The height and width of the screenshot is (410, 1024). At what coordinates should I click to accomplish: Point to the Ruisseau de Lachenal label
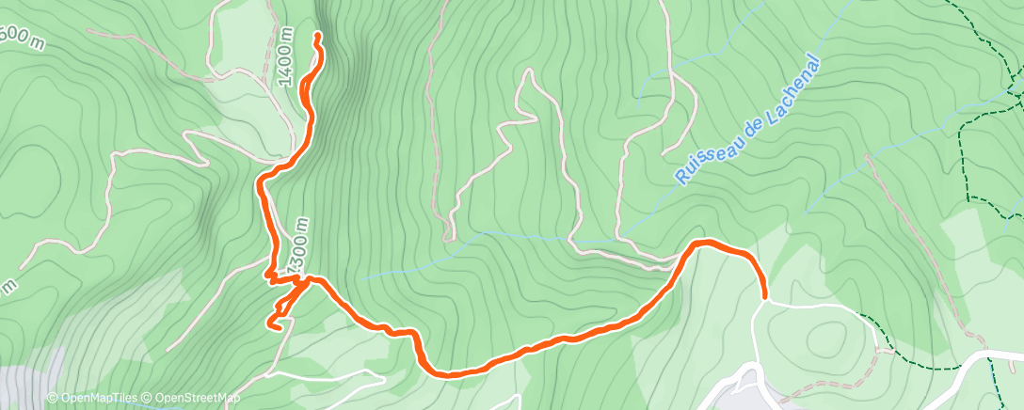[x=748, y=119]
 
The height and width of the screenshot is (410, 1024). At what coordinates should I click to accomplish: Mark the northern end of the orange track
[x=317, y=35]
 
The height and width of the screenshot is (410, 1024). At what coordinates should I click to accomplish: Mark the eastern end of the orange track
[x=763, y=298]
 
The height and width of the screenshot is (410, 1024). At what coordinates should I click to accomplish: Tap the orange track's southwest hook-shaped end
[x=269, y=325]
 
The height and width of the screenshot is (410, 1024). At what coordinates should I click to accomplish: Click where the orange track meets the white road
[x=763, y=301]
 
